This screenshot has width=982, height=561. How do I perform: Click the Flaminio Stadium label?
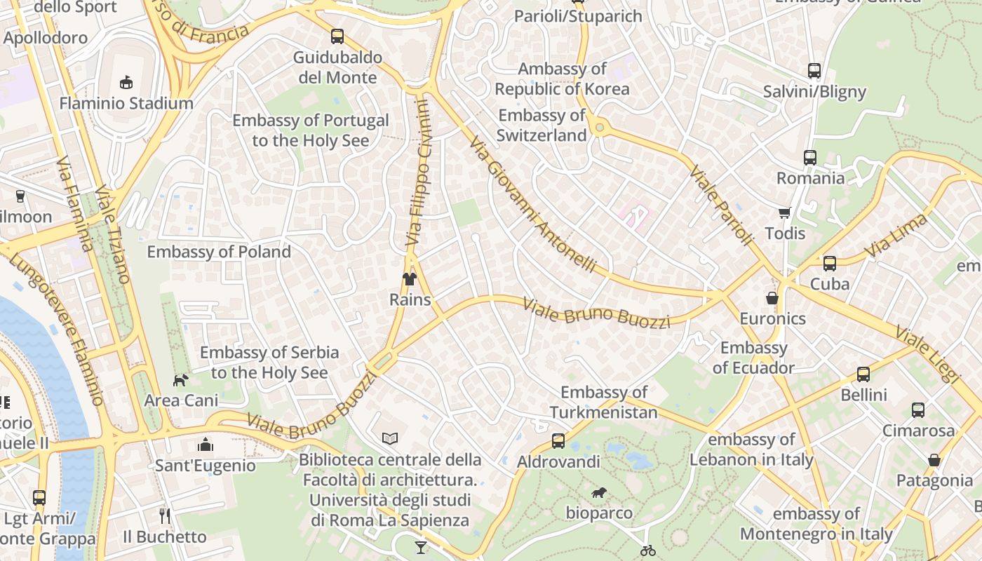(126, 103)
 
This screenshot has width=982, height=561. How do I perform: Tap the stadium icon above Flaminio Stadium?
(126, 83)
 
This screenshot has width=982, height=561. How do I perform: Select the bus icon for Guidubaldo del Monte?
(337, 36)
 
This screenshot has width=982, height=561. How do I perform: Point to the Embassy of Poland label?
(219, 252)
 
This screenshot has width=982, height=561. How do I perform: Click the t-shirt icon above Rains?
(410, 279)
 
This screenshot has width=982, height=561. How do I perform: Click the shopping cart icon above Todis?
(784, 212)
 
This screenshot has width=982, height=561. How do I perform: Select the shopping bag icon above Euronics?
(772, 298)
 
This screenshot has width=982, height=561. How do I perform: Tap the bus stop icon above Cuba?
(830, 264)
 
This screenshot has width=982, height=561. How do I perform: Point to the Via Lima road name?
(896, 236)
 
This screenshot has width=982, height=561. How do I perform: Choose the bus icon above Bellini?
(863, 374)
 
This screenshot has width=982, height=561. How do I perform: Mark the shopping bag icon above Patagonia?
(934, 460)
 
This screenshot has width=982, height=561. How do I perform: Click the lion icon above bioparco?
(599, 493)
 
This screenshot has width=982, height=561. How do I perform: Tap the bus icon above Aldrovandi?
(558, 441)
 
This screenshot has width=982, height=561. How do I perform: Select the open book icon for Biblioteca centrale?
(390, 438)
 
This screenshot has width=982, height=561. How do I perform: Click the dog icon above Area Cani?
(181, 380)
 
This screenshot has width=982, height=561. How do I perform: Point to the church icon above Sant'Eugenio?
(205, 445)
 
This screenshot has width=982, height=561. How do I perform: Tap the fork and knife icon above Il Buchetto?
(165, 516)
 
